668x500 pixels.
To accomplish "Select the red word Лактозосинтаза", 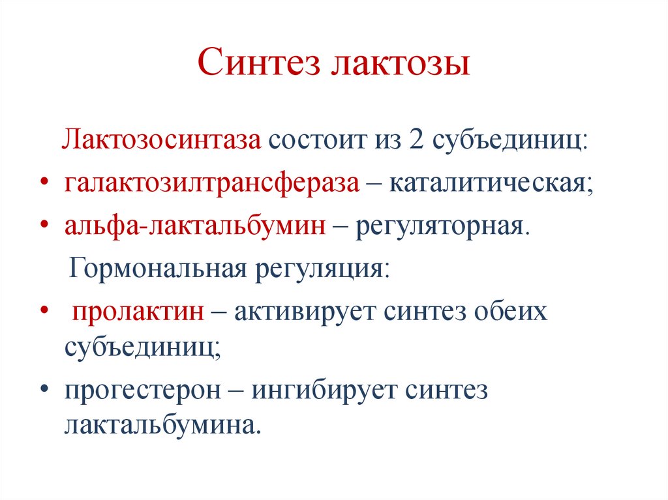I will tap(162, 140).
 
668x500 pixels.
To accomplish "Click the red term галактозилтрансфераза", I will tap(211, 184).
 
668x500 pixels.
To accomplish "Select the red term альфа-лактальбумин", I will tap(195, 226).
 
